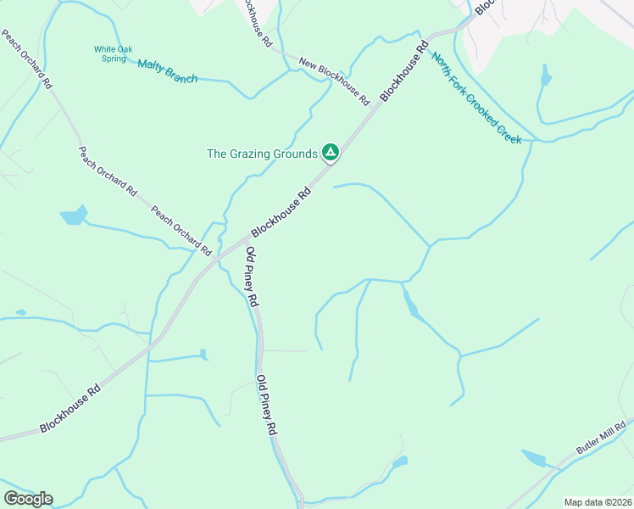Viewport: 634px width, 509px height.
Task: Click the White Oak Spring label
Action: point(113,54)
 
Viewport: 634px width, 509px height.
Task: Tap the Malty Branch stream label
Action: point(167,72)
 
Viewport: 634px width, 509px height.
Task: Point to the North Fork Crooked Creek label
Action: point(476,98)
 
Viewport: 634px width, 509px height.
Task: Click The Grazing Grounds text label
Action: point(262,154)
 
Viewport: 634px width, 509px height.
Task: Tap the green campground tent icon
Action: point(331,153)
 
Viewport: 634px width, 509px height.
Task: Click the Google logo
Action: point(28,498)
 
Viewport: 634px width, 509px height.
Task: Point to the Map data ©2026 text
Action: point(597,501)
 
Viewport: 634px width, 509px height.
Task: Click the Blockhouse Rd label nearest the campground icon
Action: point(281,212)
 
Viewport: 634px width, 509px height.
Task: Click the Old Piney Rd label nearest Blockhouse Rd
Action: point(252,277)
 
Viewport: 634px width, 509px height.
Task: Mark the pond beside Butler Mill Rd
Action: point(537,459)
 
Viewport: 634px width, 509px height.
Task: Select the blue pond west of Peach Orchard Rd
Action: point(74,215)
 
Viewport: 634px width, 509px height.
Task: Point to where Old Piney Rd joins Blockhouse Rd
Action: point(243,242)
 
